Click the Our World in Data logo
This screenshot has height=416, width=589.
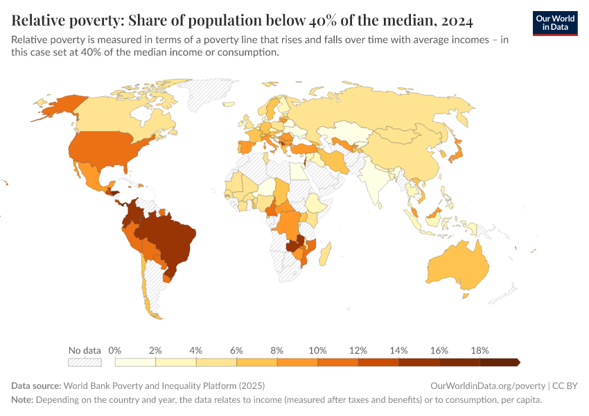[x=555, y=22]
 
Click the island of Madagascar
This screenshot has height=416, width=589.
[x=326, y=252]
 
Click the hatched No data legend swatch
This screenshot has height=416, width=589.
[x=85, y=362]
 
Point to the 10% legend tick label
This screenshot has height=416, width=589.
[x=317, y=350]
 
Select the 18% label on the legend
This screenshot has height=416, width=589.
[x=479, y=350]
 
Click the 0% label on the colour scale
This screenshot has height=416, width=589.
[x=116, y=350]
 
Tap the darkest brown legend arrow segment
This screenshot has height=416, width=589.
[x=499, y=362]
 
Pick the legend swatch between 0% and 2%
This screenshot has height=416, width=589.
[x=135, y=362]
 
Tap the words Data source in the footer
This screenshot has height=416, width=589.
[x=36, y=385]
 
